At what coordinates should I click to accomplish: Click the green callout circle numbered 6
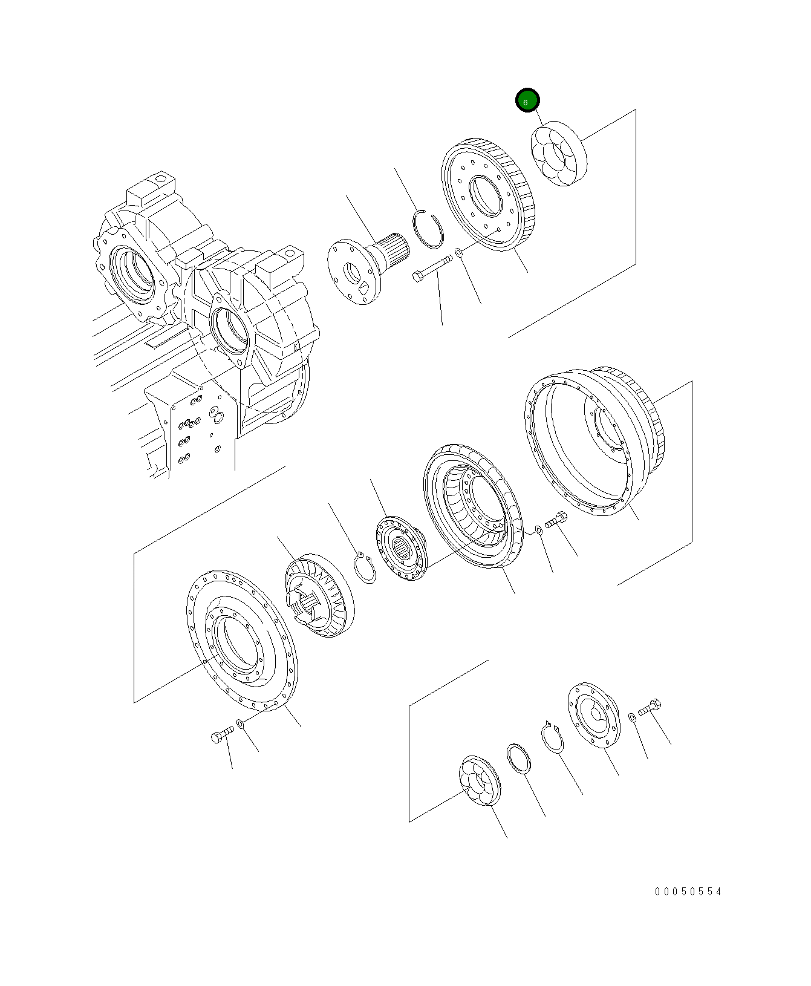pyautogui.click(x=527, y=101)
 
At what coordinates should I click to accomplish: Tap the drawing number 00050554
pyautogui.click(x=688, y=892)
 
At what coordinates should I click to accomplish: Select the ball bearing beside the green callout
pyautogui.click(x=558, y=154)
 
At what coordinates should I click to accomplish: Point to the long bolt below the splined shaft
pyautogui.click(x=432, y=267)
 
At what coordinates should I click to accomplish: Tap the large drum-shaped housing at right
pyautogui.click(x=596, y=439)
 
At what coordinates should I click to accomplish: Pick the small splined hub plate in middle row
pyautogui.click(x=402, y=548)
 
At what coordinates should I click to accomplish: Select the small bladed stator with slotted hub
pyautogui.click(x=318, y=595)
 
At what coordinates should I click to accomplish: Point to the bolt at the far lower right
pyautogui.click(x=651, y=707)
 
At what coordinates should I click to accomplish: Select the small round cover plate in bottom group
pyautogui.click(x=593, y=716)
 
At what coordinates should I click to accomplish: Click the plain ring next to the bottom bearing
pyautogui.click(x=519, y=759)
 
